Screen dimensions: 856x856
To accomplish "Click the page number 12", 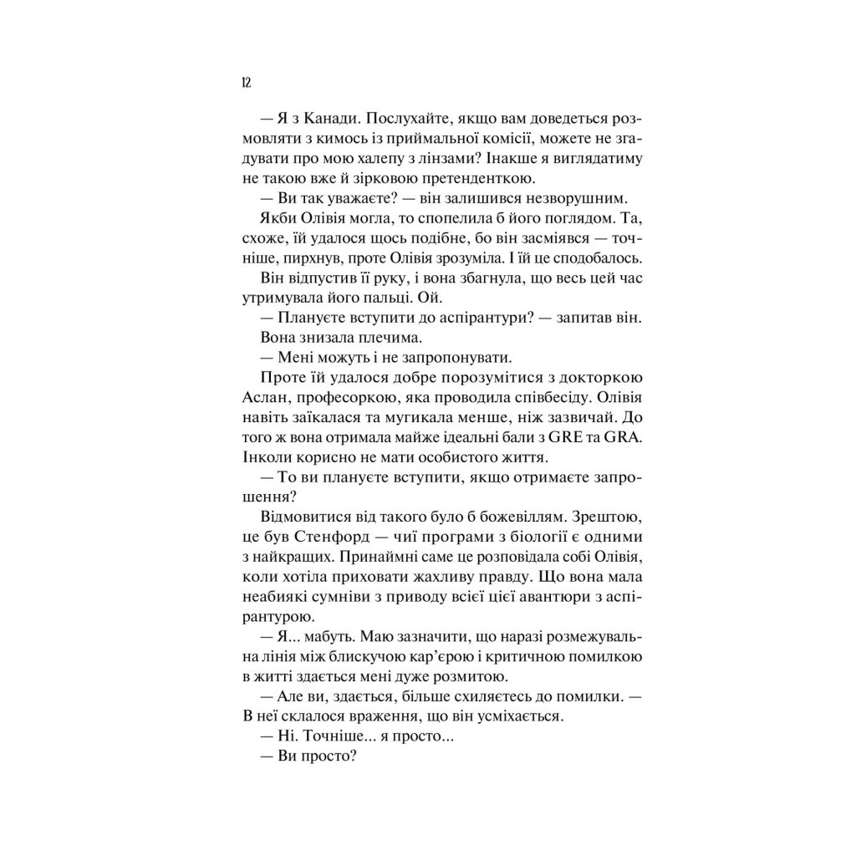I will pyautogui.click(x=245, y=82).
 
